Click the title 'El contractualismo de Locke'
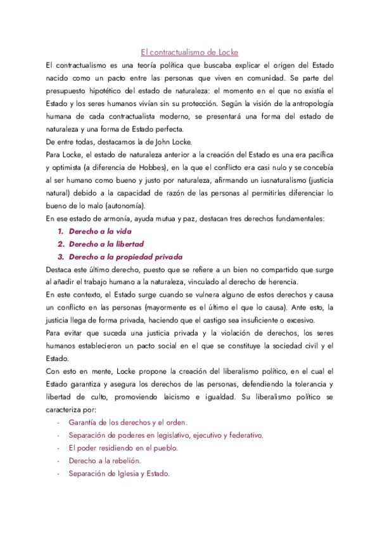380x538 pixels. click(189, 52)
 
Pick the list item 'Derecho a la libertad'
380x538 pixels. click(106, 244)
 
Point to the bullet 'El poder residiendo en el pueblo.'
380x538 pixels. click(123, 447)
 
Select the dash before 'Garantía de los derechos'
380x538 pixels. click(58, 422)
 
